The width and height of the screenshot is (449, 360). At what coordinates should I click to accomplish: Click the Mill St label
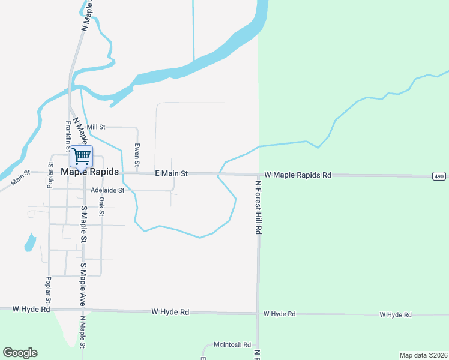pos(96,127)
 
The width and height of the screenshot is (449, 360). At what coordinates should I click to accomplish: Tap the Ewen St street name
pos(137,155)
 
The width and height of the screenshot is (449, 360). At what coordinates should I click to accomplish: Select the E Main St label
pos(172,173)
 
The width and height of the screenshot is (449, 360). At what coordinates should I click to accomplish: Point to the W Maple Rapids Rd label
pos(298,175)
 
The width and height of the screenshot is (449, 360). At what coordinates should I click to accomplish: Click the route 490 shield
pos(439,175)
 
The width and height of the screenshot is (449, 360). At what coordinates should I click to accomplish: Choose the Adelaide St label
pos(107,190)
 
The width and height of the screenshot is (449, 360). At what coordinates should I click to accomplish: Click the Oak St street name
pos(102,206)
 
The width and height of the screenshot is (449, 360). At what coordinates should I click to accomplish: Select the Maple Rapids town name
pos(90,172)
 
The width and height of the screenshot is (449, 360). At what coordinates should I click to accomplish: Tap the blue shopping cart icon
pos(81,157)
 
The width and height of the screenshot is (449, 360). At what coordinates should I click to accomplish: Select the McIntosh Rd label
pos(232,345)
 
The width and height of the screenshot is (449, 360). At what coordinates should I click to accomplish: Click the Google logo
pos(20,353)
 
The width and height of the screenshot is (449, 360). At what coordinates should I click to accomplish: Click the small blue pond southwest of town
pos(29,242)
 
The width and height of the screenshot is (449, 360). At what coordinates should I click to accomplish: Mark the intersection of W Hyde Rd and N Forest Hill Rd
pos(258,313)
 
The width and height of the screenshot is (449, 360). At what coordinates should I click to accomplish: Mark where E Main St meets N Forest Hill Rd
pos(259,175)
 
